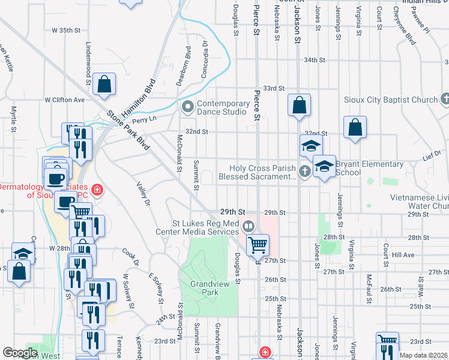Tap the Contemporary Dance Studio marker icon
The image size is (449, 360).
187,108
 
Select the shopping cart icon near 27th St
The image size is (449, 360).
258,244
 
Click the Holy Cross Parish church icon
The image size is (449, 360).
304,172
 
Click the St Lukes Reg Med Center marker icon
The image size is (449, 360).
249,227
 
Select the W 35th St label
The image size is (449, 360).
66,30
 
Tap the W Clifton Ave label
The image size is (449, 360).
65,100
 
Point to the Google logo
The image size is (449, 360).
20,353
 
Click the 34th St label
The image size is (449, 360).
314,61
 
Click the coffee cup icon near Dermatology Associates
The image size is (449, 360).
56,179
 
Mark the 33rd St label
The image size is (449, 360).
273,88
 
